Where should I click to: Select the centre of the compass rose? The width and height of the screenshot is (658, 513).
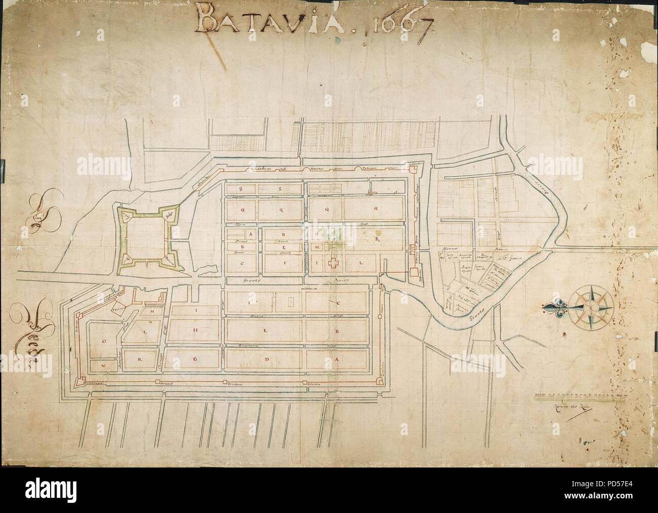click(593, 306)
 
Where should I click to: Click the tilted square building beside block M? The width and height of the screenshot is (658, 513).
click(119, 309)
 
